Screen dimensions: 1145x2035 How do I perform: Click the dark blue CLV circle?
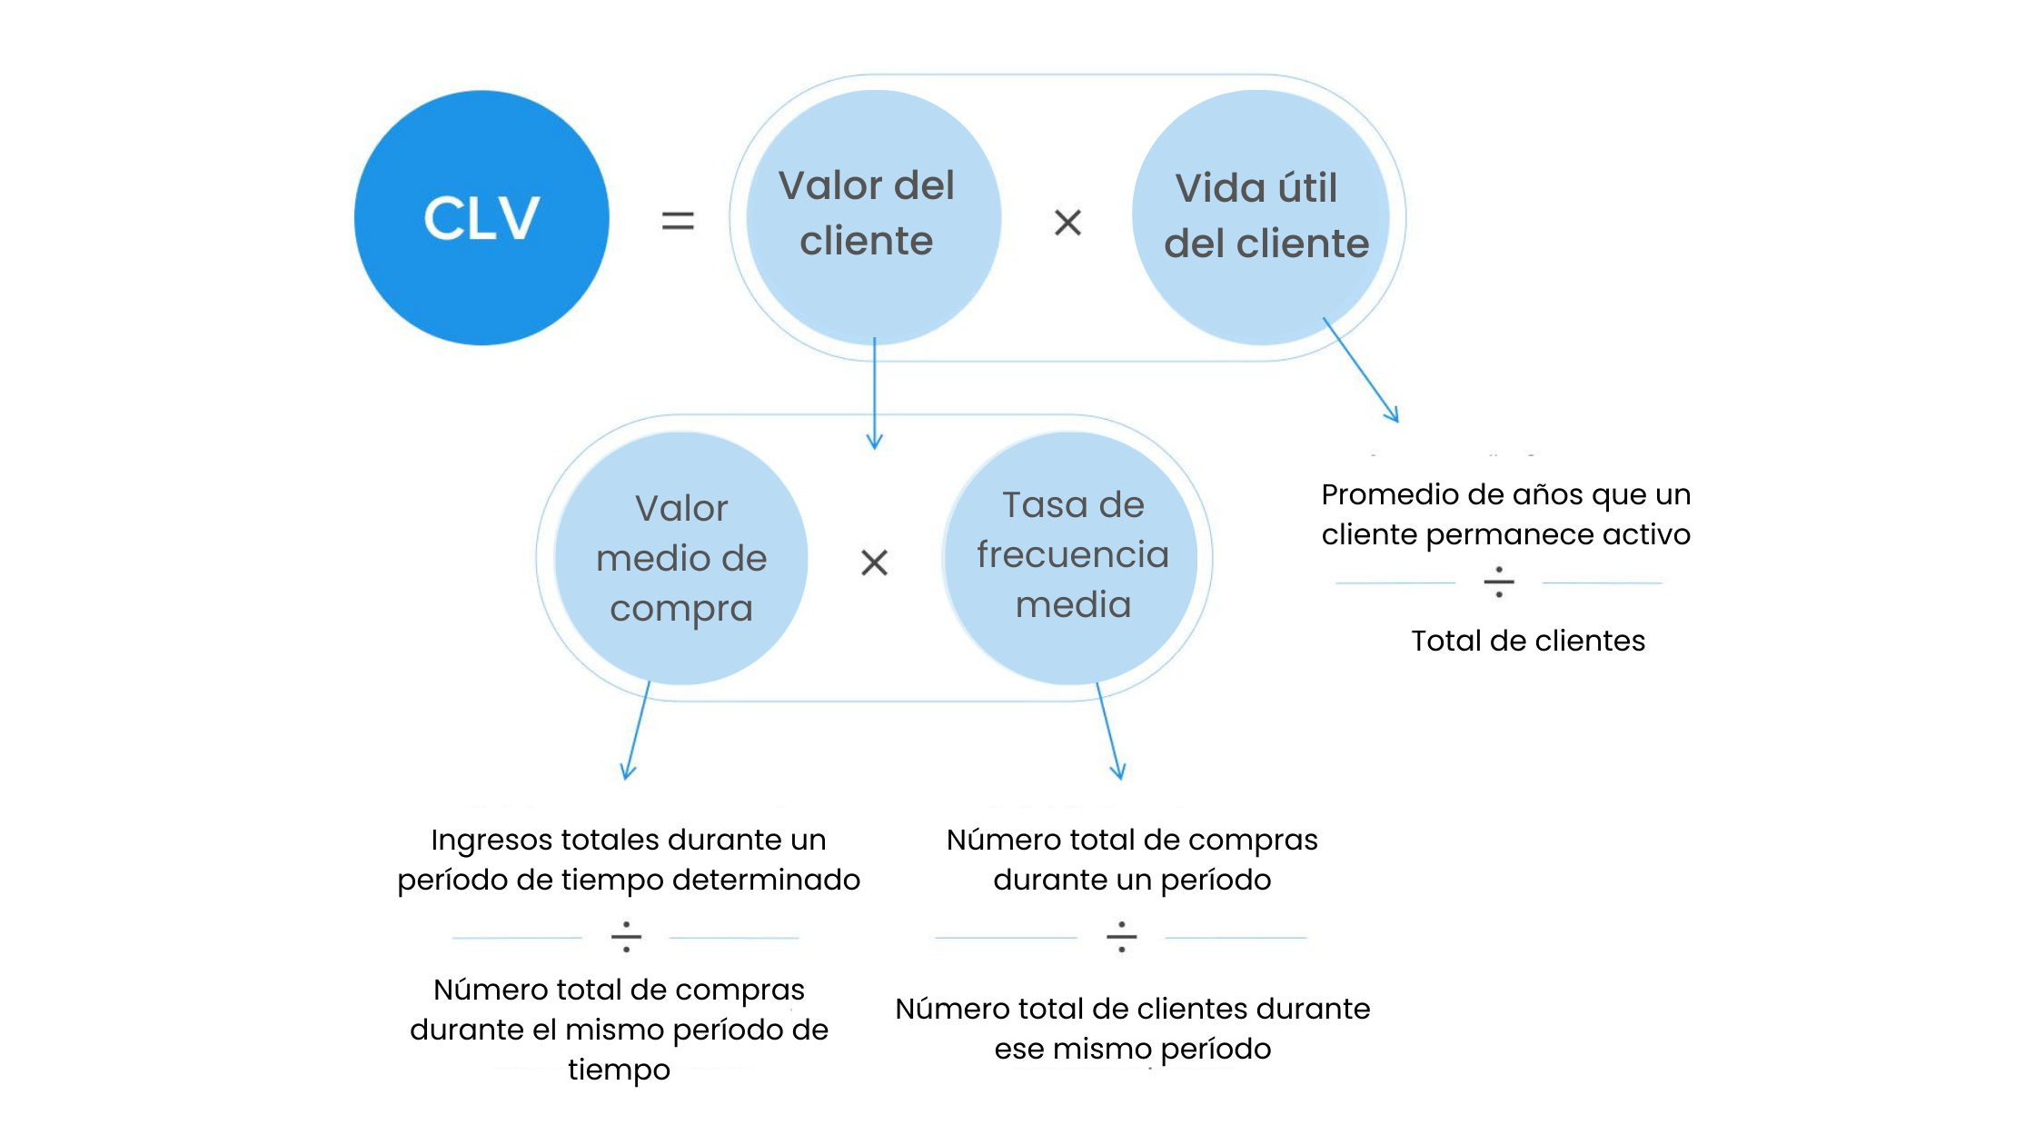[481, 218]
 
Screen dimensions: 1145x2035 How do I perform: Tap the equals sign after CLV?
[678, 221]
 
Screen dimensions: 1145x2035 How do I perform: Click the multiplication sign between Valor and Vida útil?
[1067, 223]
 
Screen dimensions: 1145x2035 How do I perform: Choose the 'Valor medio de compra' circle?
[681, 558]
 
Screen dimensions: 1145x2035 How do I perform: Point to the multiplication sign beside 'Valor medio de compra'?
[874, 563]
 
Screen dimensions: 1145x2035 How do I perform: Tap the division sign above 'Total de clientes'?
[1499, 582]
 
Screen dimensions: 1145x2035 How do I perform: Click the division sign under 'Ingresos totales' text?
[626, 937]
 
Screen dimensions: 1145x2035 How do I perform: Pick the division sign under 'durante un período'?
[1122, 937]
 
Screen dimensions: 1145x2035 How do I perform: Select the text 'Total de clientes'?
[1528, 641]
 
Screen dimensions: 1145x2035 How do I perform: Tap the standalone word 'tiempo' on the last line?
[619, 1070]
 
